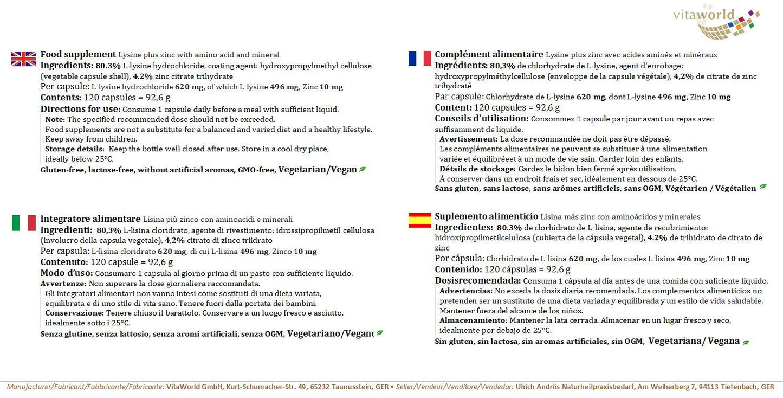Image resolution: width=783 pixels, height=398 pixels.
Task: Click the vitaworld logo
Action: coord(716,21)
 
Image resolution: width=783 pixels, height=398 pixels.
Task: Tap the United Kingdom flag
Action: coord(23,59)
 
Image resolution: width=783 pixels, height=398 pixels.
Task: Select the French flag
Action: coord(419,58)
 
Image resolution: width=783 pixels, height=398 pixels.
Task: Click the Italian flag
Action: coord(23,222)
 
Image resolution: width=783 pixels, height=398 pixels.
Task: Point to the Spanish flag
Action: coord(419,220)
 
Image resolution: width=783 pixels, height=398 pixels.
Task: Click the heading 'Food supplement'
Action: coord(78,54)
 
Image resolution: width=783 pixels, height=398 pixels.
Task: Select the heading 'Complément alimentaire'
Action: coord(489,54)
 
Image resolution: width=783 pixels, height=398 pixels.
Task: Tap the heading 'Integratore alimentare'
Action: coord(90,219)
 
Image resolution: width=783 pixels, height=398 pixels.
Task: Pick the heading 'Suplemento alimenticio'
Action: coord(486,216)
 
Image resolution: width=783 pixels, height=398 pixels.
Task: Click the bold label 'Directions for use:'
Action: coord(80,108)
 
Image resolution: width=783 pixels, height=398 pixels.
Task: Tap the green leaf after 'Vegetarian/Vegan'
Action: coord(363,169)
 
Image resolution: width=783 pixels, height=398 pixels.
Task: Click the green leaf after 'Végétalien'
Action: coord(763,187)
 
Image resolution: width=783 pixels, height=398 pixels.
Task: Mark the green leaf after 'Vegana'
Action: coord(746,342)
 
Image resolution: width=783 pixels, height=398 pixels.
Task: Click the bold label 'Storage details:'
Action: coord(75,149)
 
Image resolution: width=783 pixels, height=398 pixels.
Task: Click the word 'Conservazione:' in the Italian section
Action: coord(74,313)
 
